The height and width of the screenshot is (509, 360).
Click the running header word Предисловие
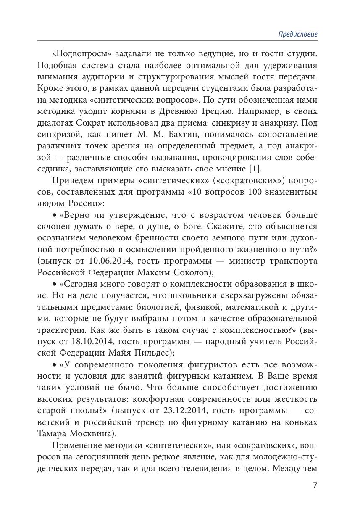click(298, 34)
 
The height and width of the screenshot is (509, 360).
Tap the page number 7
click(315, 485)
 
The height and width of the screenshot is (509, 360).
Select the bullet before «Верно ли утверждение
click(54, 215)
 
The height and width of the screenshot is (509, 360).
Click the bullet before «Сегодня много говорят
click(54, 284)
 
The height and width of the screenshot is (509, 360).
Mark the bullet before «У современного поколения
click(54, 364)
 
